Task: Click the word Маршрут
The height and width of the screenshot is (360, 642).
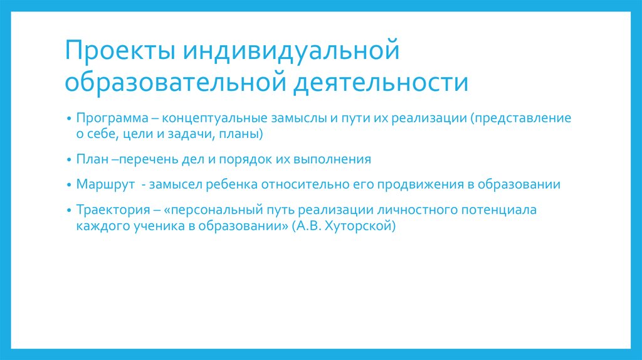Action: (x=103, y=185)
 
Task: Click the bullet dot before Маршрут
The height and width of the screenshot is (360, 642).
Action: (x=68, y=186)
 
